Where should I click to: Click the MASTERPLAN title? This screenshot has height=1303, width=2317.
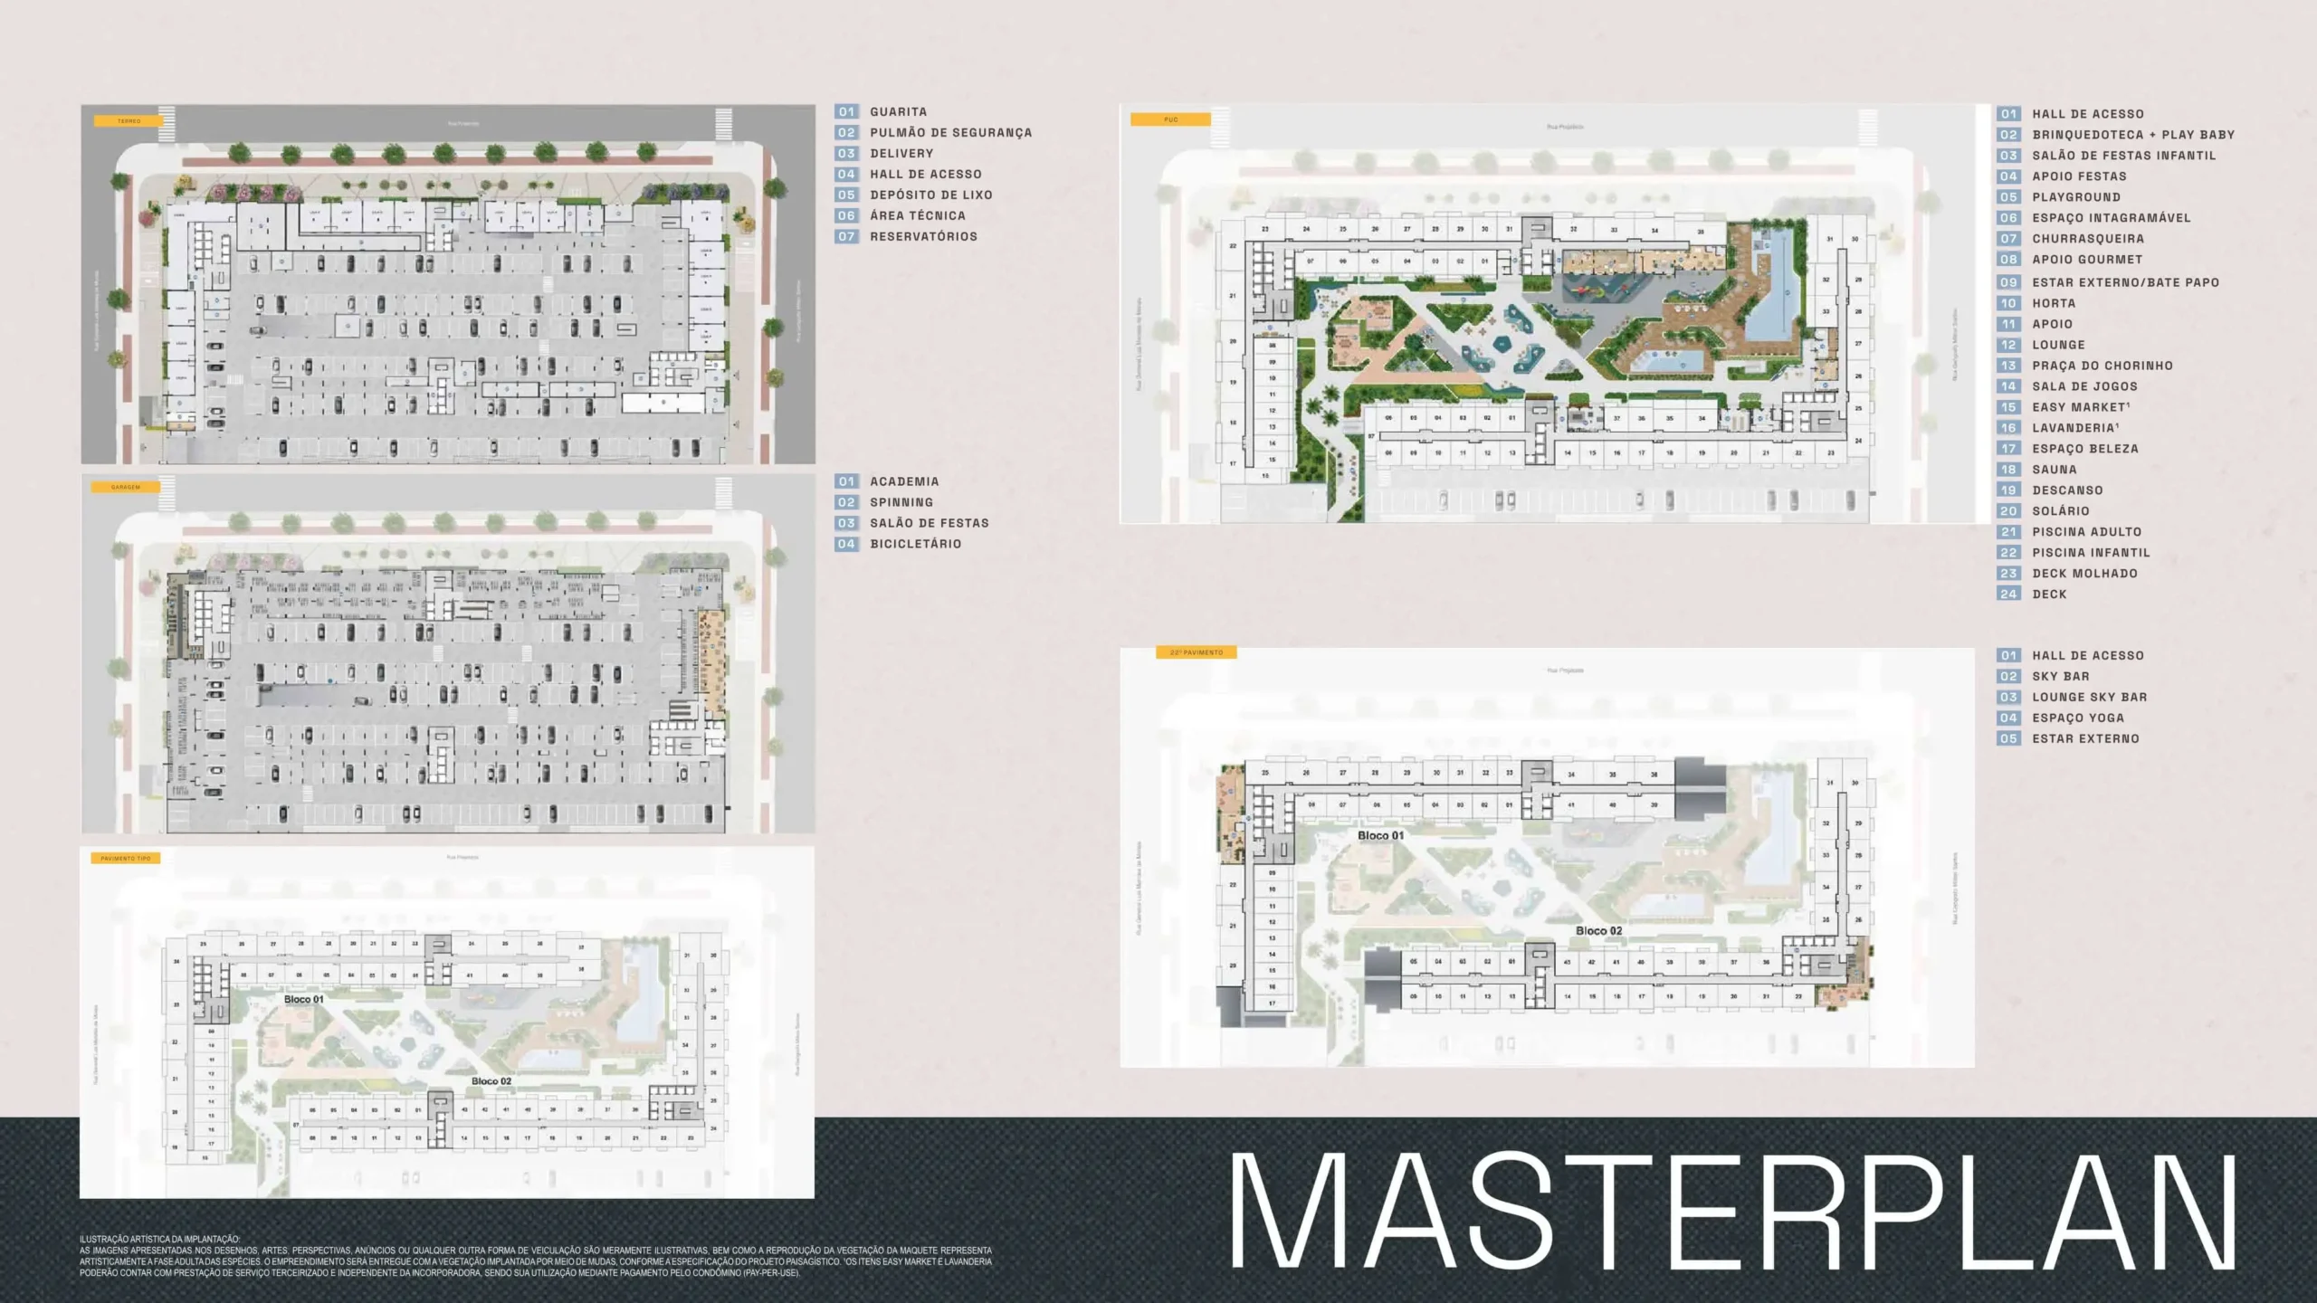[x=1731, y=1211]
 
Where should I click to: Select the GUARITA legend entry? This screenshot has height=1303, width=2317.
[x=898, y=112]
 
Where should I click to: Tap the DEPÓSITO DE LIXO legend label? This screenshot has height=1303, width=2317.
[x=930, y=195]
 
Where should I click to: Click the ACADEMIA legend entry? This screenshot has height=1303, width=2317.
[x=903, y=482]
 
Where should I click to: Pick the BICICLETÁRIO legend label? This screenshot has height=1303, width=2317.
[x=915, y=545]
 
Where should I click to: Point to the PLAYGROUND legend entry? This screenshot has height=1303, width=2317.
[x=2075, y=197]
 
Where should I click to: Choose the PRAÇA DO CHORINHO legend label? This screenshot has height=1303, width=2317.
[x=2102, y=366]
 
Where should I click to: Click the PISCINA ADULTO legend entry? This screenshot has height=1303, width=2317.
[x=2086, y=532]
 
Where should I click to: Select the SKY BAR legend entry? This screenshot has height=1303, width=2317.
[x=2060, y=677]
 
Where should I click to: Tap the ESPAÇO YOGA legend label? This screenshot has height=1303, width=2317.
[x=2077, y=718]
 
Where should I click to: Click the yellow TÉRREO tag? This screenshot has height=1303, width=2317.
[x=129, y=120]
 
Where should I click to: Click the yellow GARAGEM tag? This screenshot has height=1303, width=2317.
[x=126, y=487]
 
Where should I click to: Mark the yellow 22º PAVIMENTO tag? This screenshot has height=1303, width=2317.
[x=1196, y=652]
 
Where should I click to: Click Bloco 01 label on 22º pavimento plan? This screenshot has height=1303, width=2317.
[x=1380, y=835]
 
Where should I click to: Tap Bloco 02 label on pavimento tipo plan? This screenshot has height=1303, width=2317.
[x=491, y=1081]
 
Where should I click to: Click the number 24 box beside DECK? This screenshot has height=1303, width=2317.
[x=2008, y=594]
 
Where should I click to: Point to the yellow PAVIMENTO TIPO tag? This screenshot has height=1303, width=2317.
[x=126, y=858]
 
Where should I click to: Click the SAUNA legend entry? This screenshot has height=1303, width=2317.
[x=2054, y=470]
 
